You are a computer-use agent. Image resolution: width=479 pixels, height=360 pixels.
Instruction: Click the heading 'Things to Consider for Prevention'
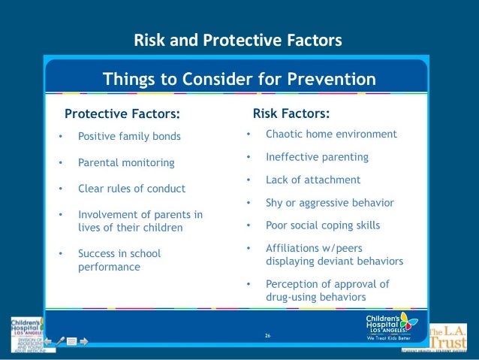point(239,78)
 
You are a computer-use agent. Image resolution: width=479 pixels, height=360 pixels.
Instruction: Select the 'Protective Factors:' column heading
point(122,114)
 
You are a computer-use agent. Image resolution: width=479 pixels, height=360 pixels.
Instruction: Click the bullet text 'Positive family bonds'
point(129,137)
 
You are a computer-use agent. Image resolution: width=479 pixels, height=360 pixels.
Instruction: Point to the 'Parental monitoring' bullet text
point(126,162)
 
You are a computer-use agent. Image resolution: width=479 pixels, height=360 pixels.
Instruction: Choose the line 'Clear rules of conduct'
point(131,189)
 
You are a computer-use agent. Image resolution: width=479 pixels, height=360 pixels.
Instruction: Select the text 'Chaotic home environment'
point(331,134)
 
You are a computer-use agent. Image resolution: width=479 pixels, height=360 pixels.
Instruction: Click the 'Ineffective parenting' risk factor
point(317,157)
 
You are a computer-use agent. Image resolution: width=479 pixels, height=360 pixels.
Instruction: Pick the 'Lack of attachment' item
point(313,180)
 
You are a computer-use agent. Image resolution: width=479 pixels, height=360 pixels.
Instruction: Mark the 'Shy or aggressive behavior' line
point(330,203)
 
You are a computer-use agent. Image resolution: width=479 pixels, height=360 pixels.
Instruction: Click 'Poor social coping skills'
point(323,225)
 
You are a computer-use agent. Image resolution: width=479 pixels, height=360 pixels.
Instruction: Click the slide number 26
point(267,334)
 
